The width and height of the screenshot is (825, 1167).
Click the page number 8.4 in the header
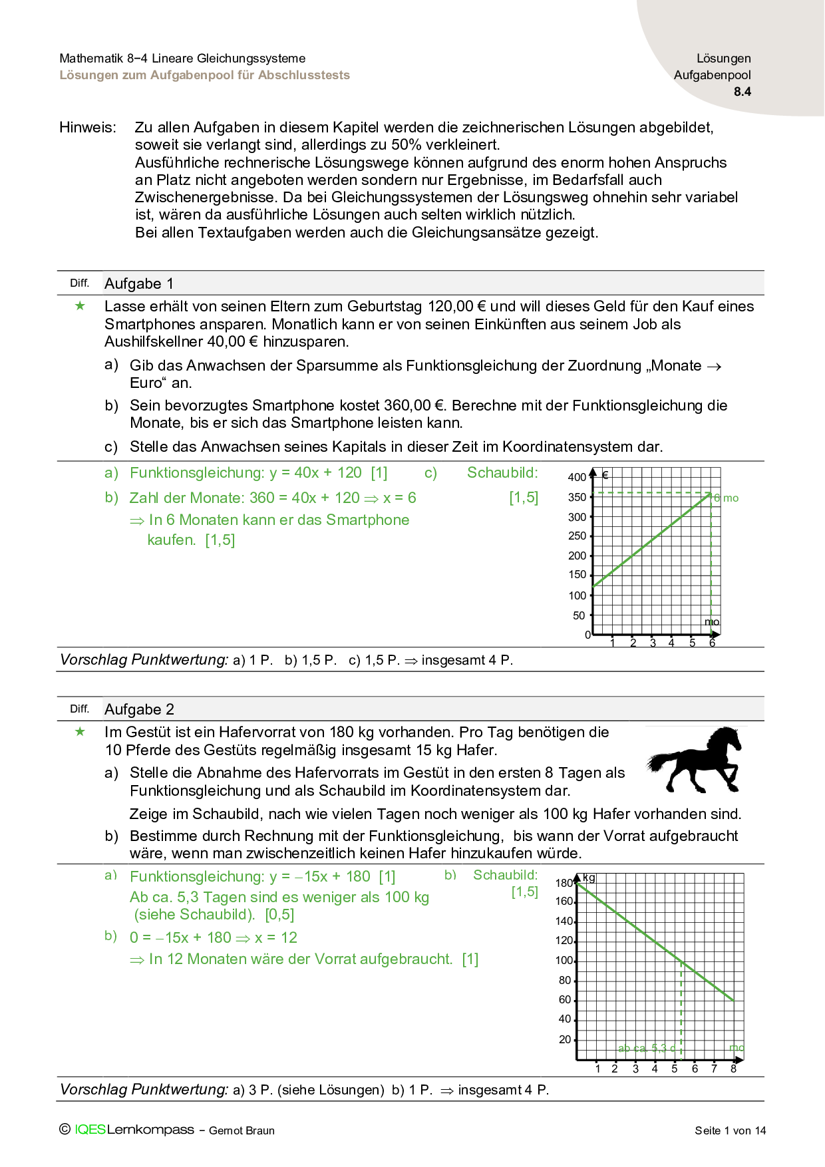coord(742,92)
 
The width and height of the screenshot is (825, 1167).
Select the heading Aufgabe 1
coord(139,283)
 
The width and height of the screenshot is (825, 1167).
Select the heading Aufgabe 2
coord(139,709)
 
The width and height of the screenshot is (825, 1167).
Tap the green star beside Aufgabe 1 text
coord(80,306)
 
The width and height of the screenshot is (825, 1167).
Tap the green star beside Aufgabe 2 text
coord(80,732)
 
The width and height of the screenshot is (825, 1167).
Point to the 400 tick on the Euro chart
coord(577,477)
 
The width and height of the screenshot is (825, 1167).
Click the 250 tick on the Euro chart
coord(577,536)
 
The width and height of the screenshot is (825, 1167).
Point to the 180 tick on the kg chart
coord(564,883)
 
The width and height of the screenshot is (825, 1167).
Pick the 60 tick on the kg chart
coord(565,999)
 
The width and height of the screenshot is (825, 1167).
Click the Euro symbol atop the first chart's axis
coord(605,475)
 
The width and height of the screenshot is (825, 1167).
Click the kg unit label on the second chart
coord(589,878)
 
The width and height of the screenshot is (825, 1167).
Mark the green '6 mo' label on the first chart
coord(727,498)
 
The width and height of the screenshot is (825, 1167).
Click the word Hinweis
coord(87,127)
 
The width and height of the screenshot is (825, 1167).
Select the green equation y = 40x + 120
coord(315,472)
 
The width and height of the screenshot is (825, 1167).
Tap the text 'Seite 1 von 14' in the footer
coord(730,1130)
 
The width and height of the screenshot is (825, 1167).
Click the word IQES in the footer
coord(90,1130)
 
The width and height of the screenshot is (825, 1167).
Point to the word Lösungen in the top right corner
coord(723,59)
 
